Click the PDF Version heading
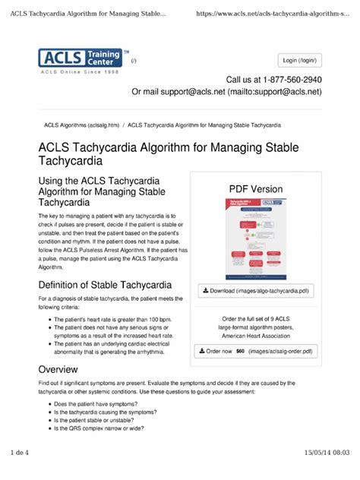pos(256,189)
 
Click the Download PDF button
pos(256,291)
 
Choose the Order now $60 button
pos(256,352)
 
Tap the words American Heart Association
pos(256,335)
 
